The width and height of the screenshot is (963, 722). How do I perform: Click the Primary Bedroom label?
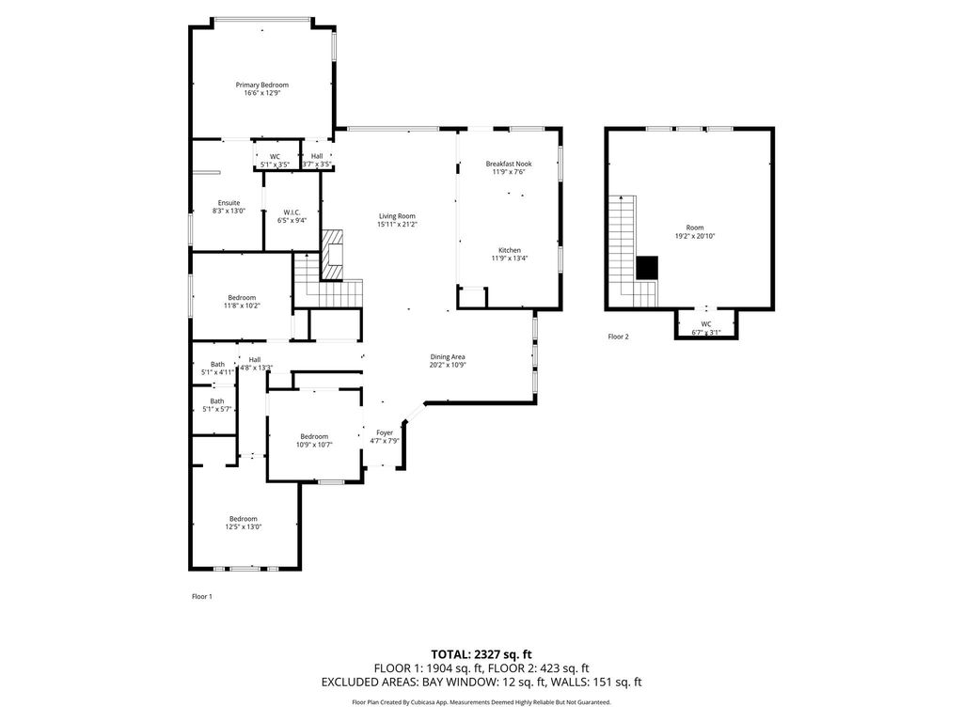tap(262, 85)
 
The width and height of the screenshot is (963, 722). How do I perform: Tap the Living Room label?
tap(397, 216)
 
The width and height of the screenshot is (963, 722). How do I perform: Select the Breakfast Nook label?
tap(509, 164)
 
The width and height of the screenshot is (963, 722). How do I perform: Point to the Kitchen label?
tap(510, 250)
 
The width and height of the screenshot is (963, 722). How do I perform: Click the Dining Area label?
tap(448, 356)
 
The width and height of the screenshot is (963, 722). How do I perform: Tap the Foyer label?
tap(385, 432)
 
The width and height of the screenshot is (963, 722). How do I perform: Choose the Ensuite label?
tap(229, 203)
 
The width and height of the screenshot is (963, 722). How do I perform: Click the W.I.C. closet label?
tap(292, 212)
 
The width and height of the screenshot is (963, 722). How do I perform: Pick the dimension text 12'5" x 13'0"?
tap(244, 526)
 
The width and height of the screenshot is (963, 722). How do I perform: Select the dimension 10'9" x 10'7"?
tap(314, 445)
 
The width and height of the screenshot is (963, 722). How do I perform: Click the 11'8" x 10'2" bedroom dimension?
tap(242, 306)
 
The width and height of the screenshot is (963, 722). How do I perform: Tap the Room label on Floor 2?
tap(695, 228)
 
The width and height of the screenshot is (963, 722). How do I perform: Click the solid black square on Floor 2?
tap(647, 268)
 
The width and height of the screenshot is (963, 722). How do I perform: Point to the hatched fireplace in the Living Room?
tap(333, 255)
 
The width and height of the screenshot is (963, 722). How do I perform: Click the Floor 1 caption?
tap(202, 597)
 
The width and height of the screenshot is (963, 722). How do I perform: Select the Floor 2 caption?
tap(619, 337)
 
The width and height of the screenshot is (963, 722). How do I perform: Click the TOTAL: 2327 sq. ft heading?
tap(481, 654)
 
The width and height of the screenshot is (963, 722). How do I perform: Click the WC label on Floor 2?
tap(706, 324)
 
